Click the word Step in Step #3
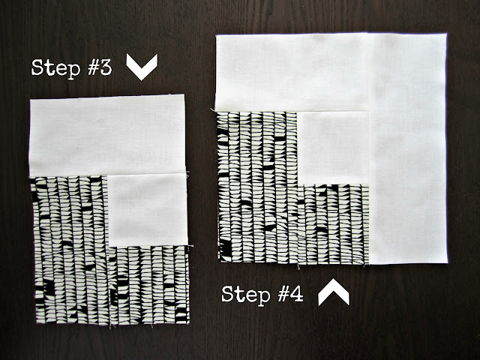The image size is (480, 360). [55, 68]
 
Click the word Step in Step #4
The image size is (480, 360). [246, 295]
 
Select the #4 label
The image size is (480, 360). [291, 294]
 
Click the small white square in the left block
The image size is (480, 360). [148, 210]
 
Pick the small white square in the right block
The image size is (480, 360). [333, 148]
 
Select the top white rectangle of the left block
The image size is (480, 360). [106, 136]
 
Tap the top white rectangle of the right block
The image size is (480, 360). [292, 73]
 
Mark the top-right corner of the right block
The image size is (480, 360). [446, 33]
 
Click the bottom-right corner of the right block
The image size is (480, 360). [448, 262]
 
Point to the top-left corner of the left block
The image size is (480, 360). [30, 99]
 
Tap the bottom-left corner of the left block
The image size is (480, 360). [37, 322]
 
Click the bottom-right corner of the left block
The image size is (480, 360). [189, 323]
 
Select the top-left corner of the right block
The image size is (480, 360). [216, 35]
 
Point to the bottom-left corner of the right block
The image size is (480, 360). [220, 262]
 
